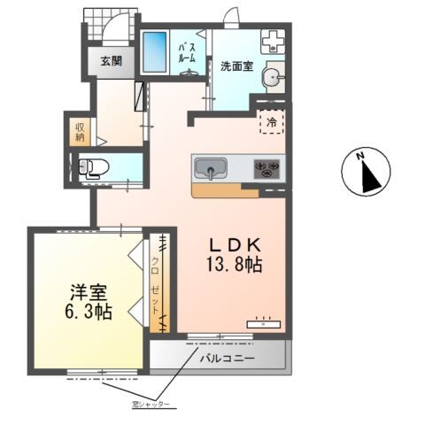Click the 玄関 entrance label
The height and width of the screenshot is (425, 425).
[112, 61]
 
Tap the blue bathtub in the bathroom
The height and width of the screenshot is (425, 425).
[156, 54]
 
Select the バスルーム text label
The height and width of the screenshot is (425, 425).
[187, 52]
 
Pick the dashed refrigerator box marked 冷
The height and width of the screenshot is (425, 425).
[270, 122]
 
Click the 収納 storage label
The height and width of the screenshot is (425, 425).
[80, 131]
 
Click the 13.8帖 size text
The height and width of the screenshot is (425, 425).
[235, 265]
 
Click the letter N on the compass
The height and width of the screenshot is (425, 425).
[360, 157]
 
